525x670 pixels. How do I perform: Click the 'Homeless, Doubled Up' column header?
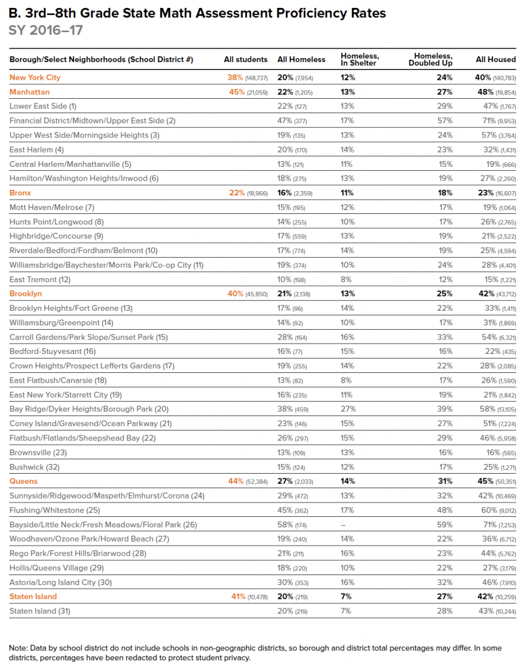click(433, 59)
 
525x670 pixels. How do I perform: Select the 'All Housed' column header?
click(495, 60)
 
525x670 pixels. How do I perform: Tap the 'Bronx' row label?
click(20, 193)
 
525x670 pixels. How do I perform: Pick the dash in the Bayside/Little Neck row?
click(343, 524)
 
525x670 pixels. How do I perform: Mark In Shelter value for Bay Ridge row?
click(348, 409)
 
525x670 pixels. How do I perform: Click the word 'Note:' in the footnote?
click(19, 648)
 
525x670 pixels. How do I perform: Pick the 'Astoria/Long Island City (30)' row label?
click(60, 582)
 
